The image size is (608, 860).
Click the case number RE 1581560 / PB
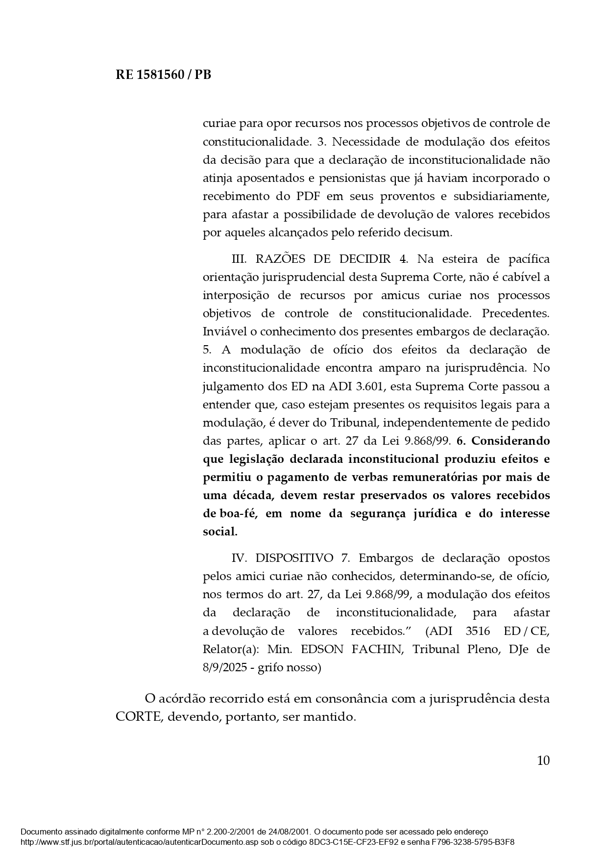pyautogui.click(x=163, y=75)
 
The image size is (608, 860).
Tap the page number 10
pyautogui.click(x=543, y=760)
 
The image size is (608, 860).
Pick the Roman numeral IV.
pyautogui.click(x=240, y=558)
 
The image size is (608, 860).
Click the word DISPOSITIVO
pyautogui.click(x=294, y=558)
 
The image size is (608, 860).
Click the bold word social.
pyautogui.click(x=220, y=531)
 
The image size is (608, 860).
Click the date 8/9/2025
pyautogui.click(x=227, y=668)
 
